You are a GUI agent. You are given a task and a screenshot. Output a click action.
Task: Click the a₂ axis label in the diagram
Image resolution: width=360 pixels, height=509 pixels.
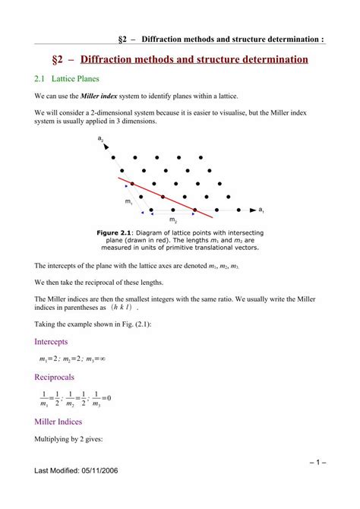(x=101, y=139)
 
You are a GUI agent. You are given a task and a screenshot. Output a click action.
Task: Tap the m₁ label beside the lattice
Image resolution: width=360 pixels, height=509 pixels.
(x=128, y=201)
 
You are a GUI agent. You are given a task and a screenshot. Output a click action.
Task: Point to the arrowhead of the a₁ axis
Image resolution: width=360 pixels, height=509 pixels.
(x=251, y=209)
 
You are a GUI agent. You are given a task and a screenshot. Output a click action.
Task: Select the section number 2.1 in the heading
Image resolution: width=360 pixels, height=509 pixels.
(x=41, y=78)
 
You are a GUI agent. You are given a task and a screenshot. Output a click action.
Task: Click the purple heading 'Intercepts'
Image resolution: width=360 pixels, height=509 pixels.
(x=51, y=341)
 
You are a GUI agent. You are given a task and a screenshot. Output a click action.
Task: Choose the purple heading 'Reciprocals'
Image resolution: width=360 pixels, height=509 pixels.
(x=54, y=377)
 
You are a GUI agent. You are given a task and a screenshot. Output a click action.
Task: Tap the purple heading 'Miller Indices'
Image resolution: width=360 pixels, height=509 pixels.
(x=58, y=421)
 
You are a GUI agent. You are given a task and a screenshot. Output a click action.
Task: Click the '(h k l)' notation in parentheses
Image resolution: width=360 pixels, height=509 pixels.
(x=122, y=308)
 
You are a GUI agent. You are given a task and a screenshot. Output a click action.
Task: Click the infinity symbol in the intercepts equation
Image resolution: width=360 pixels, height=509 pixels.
(x=102, y=359)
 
